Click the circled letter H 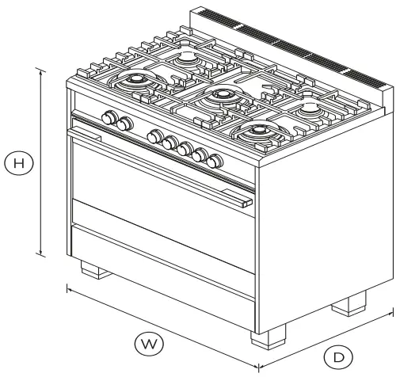[20, 164]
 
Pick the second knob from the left [124, 124]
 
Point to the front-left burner [133, 80]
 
